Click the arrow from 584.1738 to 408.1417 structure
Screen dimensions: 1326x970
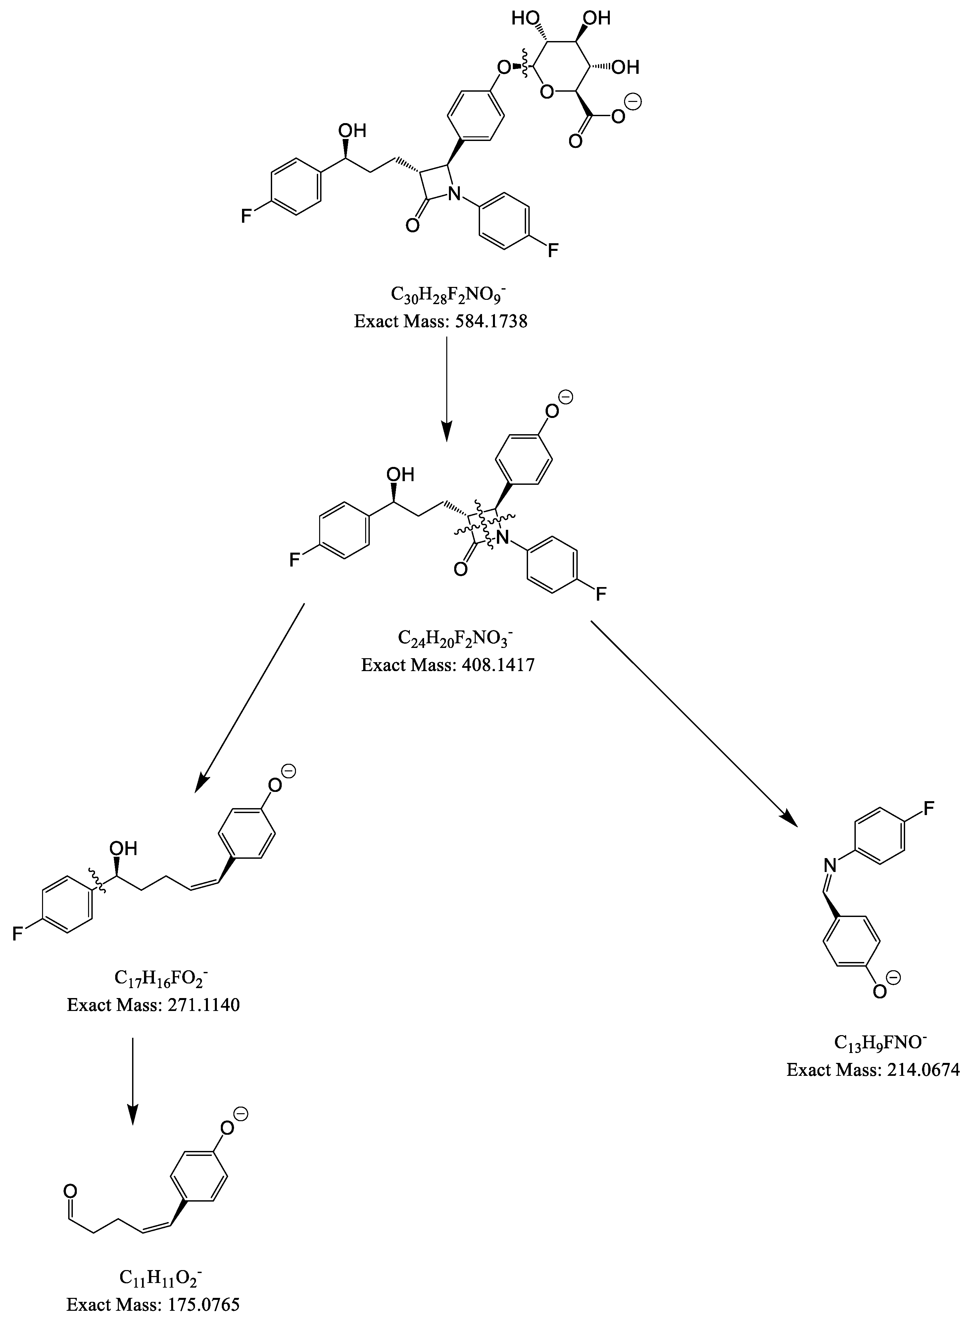(x=447, y=388)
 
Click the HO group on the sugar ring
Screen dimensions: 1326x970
(x=524, y=18)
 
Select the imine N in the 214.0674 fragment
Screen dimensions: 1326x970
(x=829, y=864)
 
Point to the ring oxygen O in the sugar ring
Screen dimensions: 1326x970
(x=547, y=92)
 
